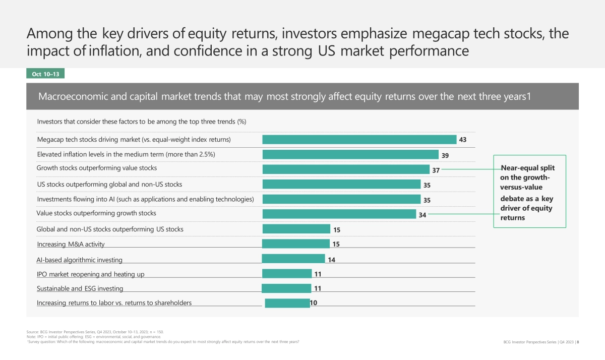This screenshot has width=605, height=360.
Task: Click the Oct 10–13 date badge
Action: coord(45,74)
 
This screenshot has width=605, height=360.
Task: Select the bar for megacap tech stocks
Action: coord(359,140)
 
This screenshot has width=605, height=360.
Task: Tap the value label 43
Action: coord(462,140)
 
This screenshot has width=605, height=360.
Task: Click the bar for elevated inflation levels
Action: coord(350,154)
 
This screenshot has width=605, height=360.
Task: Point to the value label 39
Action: coord(445,155)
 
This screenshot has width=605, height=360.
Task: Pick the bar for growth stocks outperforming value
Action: coord(346,169)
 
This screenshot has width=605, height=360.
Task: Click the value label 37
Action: coord(436,170)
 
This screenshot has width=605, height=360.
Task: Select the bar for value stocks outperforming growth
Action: coord(339,214)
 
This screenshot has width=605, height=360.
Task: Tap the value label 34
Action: coord(422,215)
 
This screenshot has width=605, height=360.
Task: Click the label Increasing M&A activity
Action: coord(71,245)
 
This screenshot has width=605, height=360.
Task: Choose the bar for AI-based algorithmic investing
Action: coord(293,259)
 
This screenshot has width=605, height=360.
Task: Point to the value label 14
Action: coord(332,260)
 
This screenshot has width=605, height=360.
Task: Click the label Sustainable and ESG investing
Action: coord(80,289)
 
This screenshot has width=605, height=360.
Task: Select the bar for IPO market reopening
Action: coord(287,274)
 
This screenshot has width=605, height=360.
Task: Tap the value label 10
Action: coord(314,304)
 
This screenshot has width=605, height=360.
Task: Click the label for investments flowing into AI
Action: coord(145,199)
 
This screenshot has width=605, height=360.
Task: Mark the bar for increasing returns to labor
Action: coord(287,304)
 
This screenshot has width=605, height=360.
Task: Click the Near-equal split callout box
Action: coord(529,192)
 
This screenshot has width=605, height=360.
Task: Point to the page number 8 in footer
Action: coord(577,342)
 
